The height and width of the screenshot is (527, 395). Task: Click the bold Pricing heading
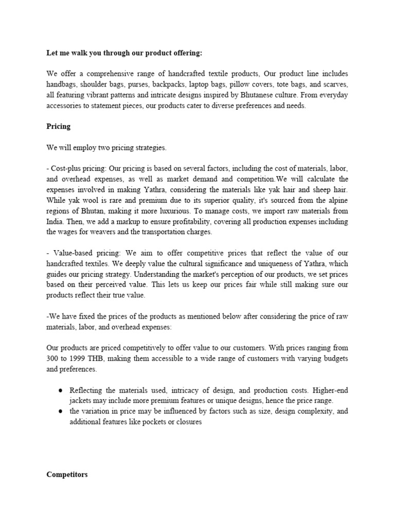[58, 126]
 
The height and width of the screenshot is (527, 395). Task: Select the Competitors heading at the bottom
[67, 475]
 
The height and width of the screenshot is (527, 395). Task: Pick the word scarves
[335, 84]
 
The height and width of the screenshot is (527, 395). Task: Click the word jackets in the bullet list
[82, 400]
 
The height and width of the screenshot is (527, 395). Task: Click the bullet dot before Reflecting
[61, 390]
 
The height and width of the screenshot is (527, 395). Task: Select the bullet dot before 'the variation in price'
[61, 412]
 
